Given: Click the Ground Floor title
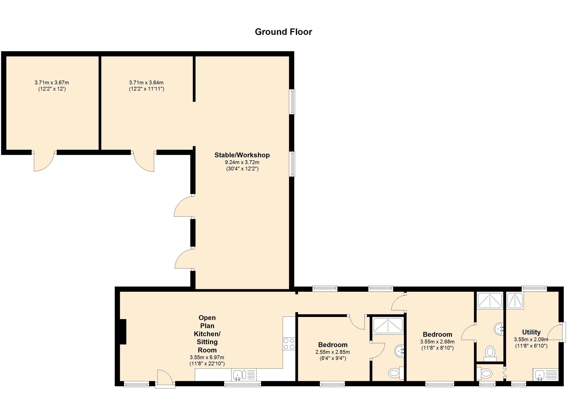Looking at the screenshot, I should coord(283,32).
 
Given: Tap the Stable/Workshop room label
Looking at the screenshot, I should coord(242,155).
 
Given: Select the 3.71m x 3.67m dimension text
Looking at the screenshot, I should coord(52,83).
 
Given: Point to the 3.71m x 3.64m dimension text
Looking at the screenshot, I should coord(146,83).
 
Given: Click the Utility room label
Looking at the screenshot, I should coord(531,332).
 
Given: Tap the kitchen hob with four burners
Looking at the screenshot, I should coord(289,344).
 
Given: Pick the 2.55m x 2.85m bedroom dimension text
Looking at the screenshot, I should coord(332,352).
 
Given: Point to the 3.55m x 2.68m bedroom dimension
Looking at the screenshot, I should coord(437,342).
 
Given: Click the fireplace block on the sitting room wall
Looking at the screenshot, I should coord(123,332).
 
